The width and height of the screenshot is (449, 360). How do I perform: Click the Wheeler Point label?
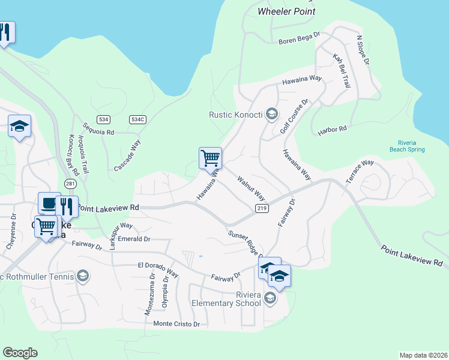point(286,11)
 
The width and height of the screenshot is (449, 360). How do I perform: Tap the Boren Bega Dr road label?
point(300,41)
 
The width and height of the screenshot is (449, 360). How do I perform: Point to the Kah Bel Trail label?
point(342,71)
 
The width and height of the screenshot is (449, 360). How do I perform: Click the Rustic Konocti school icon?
point(272,114)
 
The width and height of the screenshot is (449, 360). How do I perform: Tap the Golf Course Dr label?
point(294,117)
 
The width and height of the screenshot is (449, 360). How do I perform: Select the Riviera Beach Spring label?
point(407,146)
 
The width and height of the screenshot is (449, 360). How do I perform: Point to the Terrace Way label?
point(360,172)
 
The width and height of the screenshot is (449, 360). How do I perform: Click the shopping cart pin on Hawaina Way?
point(210,158)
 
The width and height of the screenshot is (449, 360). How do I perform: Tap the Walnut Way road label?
point(251,188)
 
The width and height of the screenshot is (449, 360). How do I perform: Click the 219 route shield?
point(261,208)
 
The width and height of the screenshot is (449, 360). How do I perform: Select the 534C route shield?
point(137,120)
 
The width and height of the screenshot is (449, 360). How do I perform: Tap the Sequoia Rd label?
point(99,128)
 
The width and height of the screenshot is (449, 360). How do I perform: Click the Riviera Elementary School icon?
point(270,298)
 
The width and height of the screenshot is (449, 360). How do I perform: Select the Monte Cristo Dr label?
point(176,324)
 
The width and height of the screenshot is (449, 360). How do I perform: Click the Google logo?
point(20,352)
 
